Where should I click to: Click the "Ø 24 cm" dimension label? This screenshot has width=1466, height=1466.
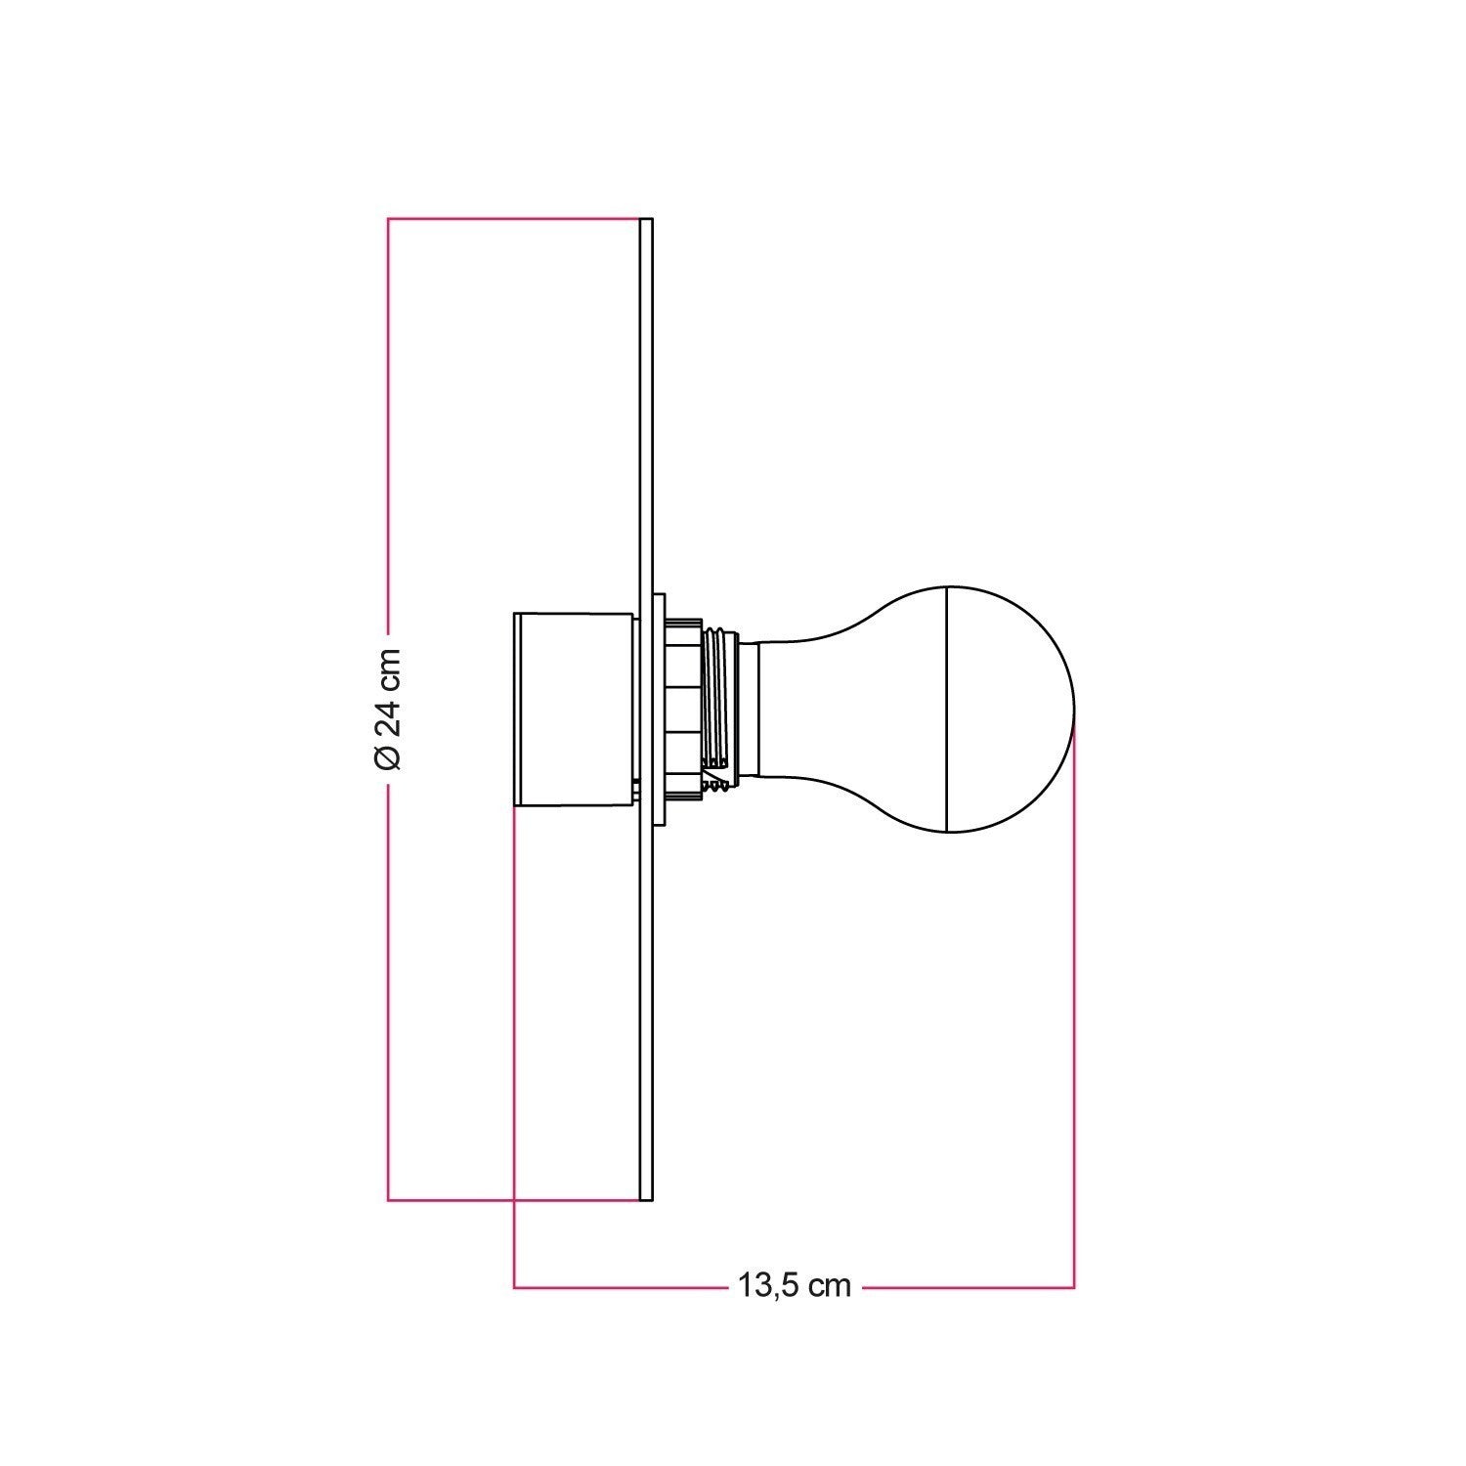tap(388, 709)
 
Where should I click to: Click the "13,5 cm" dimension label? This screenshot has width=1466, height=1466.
tap(794, 1286)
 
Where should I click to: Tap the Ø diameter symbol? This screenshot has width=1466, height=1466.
tap(388, 756)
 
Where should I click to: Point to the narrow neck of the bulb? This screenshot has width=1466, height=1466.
tap(772, 709)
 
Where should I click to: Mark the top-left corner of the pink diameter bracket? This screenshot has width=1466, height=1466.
tap(389, 218)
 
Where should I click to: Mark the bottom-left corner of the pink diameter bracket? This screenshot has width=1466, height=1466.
tap(389, 1200)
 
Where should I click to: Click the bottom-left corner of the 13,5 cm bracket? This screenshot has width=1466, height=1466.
tap(515, 1287)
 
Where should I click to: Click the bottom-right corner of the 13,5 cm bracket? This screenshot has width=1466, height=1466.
tap(1074, 1287)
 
